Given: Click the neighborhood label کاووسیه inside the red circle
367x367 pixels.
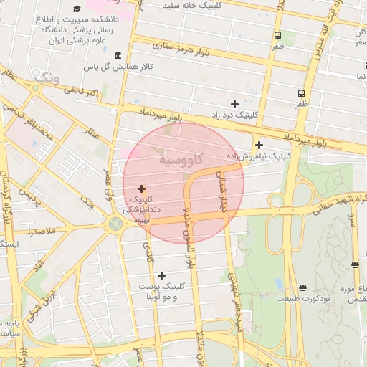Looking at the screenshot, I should (x=181, y=158).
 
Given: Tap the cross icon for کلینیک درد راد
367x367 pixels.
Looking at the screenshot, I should (x=234, y=105).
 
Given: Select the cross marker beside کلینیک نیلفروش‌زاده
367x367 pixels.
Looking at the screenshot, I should (x=259, y=145).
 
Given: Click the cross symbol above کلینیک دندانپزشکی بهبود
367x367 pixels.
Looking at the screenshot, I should (x=141, y=189).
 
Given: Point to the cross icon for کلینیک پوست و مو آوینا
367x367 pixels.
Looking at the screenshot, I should (x=161, y=275).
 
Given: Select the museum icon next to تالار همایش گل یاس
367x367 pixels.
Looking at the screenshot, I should (x=118, y=56).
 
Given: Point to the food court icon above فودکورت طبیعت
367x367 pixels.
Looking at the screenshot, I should (x=302, y=287).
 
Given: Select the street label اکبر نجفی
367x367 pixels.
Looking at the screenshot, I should (x=80, y=91).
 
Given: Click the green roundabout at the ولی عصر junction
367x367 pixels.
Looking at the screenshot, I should (x=115, y=224).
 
